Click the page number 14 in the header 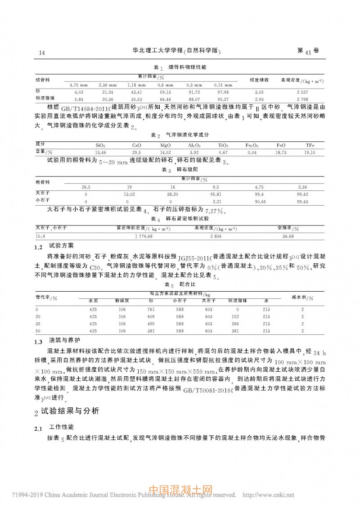click(42, 53)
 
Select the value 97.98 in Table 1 click(224, 92)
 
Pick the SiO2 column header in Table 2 click(101, 145)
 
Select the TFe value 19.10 click(310, 153)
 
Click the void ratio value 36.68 click(288, 236)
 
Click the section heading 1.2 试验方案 click(56, 247)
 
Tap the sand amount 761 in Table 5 click(151, 310)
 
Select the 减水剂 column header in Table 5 click(302, 297)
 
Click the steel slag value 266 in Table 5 click(235, 324)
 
